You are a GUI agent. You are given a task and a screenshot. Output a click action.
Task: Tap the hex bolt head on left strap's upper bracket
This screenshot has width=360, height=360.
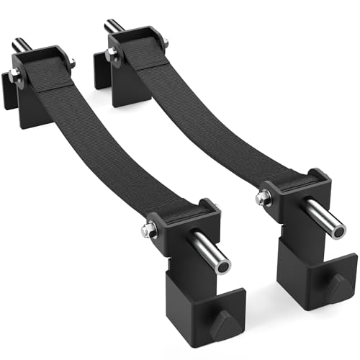[15, 75]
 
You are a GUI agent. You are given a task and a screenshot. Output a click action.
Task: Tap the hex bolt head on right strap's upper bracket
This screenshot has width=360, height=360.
[112, 53]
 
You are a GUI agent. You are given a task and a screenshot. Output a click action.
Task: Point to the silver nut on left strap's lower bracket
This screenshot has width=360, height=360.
[149, 230]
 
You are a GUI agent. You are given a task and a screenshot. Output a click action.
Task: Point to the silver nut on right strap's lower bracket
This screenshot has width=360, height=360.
[264, 197]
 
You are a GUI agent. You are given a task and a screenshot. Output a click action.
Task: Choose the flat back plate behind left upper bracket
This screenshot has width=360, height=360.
[9, 94]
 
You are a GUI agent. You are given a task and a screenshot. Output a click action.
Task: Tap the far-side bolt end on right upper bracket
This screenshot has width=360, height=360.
[165, 44]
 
